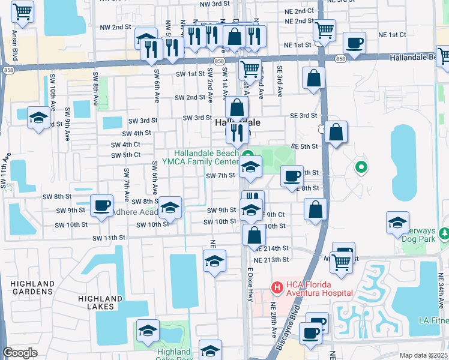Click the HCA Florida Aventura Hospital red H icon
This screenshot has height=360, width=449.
pyautogui.click(x=277, y=287)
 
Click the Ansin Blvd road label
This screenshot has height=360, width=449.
pyautogui.click(x=11, y=45)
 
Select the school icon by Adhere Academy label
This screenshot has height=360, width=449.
pyautogui.click(x=170, y=208)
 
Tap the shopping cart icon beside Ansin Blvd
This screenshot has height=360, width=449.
pyautogui.click(x=22, y=11)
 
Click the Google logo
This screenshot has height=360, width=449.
pyautogui.click(x=19, y=353)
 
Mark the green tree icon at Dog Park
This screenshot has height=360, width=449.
pyautogui.click(x=444, y=232)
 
